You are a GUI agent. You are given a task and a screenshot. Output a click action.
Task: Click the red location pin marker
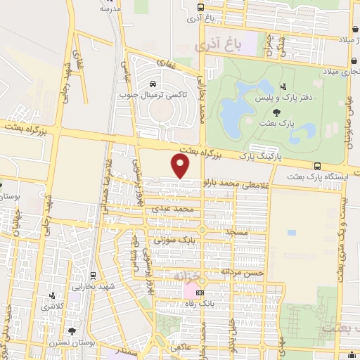181,166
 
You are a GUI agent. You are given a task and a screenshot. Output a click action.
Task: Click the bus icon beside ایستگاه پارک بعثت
318,167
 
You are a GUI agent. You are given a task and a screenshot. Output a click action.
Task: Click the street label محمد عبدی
172,209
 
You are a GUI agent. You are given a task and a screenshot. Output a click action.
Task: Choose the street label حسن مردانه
242,271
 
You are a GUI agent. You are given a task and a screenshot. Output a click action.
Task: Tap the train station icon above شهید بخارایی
93,275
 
